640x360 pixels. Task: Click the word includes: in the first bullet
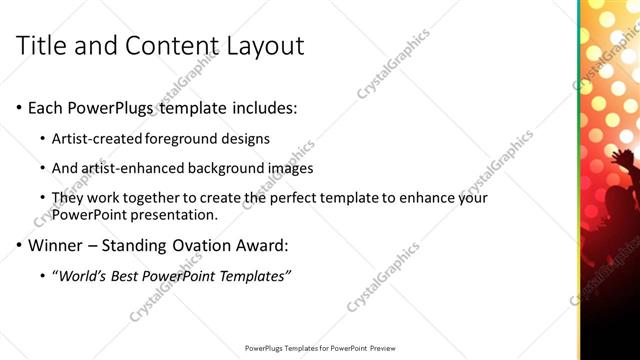click(x=263, y=108)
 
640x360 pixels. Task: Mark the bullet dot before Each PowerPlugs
click(x=19, y=108)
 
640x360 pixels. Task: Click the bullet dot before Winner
click(x=19, y=245)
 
